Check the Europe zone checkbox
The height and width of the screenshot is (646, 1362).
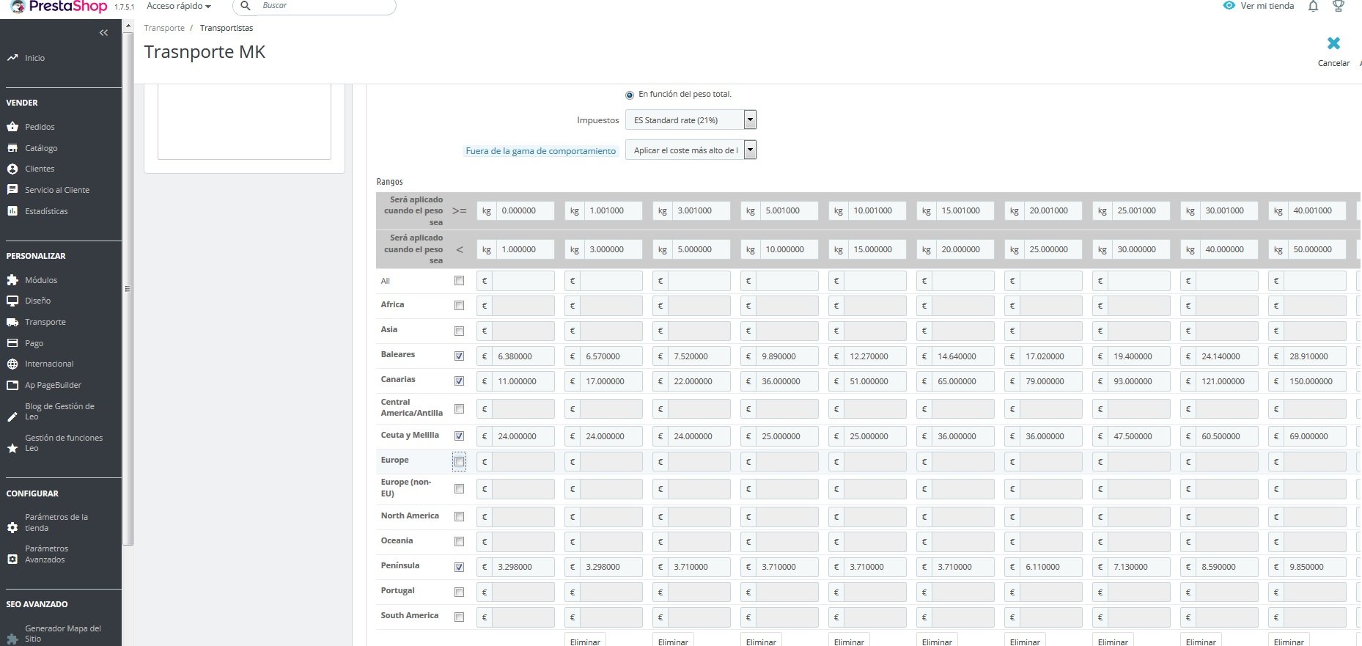[459, 462]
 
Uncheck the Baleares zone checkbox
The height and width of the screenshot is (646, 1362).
[459, 356]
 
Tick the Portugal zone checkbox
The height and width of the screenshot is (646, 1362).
[459, 592]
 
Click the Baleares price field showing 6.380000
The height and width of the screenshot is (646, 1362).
[522, 356]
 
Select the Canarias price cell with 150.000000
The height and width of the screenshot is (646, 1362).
[1314, 381]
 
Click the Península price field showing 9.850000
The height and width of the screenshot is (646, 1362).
[1314, 567]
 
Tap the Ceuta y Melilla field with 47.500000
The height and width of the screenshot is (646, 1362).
[1138, 436]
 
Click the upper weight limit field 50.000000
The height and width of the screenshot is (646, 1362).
[1315, 249]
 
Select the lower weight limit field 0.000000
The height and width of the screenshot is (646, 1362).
[523, 210]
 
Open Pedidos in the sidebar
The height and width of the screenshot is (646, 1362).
[40, 127]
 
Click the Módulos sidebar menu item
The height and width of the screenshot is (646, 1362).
[41, 280]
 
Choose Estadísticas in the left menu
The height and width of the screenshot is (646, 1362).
[46, 211]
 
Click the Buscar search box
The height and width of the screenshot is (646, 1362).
[323, 6]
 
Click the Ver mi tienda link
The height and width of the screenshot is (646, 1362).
[1267, 6]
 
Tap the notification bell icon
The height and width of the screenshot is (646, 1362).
[1313, 6]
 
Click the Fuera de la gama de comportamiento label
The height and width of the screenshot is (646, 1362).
[540, 151]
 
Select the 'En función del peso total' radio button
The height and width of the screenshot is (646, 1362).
[630, 95]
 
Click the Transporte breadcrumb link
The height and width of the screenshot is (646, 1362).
[164, 28]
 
